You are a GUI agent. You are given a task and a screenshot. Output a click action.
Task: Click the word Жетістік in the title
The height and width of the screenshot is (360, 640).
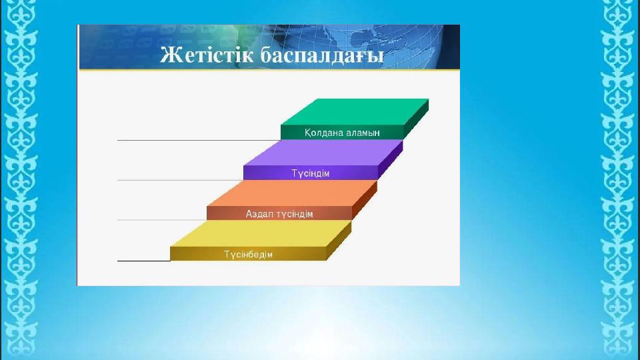coord(207,55)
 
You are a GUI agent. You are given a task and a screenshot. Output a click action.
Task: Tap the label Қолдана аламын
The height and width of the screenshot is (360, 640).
coord(342,133)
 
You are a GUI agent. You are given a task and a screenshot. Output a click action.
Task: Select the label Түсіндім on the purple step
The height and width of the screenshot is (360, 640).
coord(310,173)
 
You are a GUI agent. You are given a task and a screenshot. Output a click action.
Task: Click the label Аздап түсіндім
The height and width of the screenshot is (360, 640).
coord(279,214)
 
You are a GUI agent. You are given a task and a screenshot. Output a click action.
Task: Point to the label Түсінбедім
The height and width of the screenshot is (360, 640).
coord(248,254)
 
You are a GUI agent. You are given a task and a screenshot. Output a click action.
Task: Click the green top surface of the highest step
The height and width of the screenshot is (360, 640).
coord(355,112)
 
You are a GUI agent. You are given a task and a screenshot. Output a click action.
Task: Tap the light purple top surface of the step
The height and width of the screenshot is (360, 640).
coord(323,153)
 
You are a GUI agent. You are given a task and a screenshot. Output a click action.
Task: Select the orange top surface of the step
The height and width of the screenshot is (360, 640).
coord(292,193)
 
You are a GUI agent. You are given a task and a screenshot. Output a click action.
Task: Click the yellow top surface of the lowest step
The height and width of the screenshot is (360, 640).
coord(261,233)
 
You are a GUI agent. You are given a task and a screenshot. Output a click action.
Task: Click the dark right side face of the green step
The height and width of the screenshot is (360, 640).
coord(416,119)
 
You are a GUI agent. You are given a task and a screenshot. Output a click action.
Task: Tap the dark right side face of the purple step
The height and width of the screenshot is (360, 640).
coord(391,159)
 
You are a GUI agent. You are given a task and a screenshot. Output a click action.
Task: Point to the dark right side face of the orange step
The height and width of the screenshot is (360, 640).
coord(365,200)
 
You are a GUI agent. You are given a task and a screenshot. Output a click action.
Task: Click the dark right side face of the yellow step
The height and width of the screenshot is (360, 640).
coord(339,241)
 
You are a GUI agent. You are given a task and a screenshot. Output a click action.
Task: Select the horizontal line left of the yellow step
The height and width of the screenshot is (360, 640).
coord(144,261)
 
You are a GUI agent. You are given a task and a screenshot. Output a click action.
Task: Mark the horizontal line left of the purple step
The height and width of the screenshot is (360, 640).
coord(181,180)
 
